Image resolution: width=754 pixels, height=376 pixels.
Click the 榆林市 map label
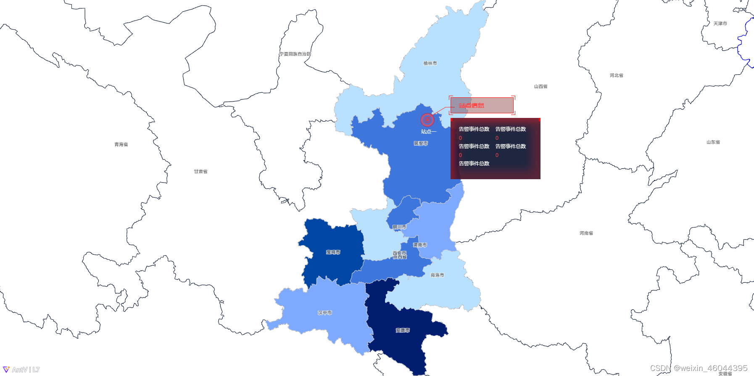[430, 63]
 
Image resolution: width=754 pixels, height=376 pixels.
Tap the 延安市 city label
[421, 144]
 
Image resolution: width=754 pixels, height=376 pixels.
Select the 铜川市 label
[399, 227]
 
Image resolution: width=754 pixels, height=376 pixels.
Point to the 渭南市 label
[420, 245]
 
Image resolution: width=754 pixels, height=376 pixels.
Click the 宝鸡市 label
[333, 253]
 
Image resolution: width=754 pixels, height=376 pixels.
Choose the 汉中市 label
[325, 313]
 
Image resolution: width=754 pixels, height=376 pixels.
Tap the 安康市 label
[403, 331]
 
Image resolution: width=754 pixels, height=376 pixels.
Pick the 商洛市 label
[437, 275]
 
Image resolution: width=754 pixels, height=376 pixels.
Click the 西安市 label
[399, 253]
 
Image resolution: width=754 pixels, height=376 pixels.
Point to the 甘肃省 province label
[200, 172]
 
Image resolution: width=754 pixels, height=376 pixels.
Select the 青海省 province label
[121, 145]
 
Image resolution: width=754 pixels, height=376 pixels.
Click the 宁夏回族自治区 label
[295, 54]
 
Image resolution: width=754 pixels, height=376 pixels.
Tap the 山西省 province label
[540, 86]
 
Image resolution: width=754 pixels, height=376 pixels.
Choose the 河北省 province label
[617, 76]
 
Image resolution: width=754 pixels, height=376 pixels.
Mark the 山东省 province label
[713, 142]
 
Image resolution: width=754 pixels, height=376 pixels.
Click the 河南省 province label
[586, 233]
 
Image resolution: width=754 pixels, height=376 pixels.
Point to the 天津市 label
[720, 23]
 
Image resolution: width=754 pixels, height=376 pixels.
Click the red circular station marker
[427, 120]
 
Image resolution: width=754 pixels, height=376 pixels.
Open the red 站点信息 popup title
[472, 106]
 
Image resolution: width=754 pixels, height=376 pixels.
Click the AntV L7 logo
[21, 370]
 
